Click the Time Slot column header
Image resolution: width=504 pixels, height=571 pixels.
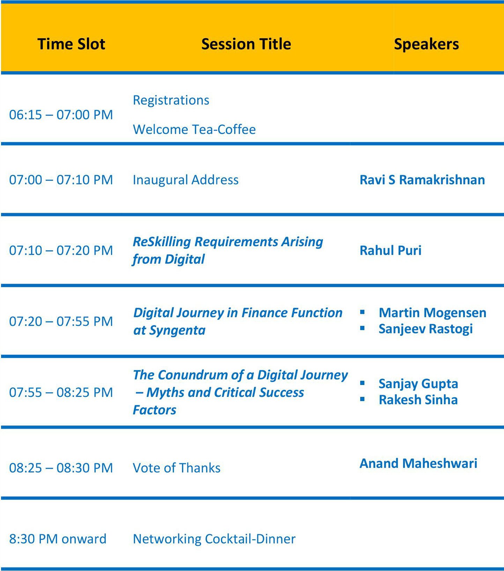[71, 44]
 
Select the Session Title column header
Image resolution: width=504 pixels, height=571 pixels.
[246, 44]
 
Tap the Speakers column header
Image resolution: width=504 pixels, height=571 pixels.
[426, 44]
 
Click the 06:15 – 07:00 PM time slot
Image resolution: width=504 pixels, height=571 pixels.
[61, 115]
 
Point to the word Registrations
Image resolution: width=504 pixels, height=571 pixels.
[171, 101]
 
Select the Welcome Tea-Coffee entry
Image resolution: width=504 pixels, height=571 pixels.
[194, 129]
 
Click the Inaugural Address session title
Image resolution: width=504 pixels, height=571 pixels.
[186, 180]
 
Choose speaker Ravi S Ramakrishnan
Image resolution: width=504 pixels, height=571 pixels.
[422, 180]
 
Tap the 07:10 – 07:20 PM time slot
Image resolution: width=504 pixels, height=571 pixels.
[61, 251]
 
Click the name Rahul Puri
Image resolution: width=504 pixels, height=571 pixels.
[391, 251]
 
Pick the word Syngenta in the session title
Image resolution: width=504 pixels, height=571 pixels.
[177, 331]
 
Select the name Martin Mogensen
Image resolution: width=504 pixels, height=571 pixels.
[432, 313]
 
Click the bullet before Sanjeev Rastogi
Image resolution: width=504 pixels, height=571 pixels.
[362, 328]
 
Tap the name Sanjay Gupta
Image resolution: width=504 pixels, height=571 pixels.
[418, 384]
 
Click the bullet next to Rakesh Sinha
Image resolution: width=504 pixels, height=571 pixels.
[362, 399]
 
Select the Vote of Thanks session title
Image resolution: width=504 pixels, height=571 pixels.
[177, 468]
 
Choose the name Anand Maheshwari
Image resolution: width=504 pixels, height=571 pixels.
[418, 464]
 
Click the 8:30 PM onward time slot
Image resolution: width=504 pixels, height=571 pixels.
[58, 539]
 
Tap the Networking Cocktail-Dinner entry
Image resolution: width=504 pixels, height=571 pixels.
[214, 539]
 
